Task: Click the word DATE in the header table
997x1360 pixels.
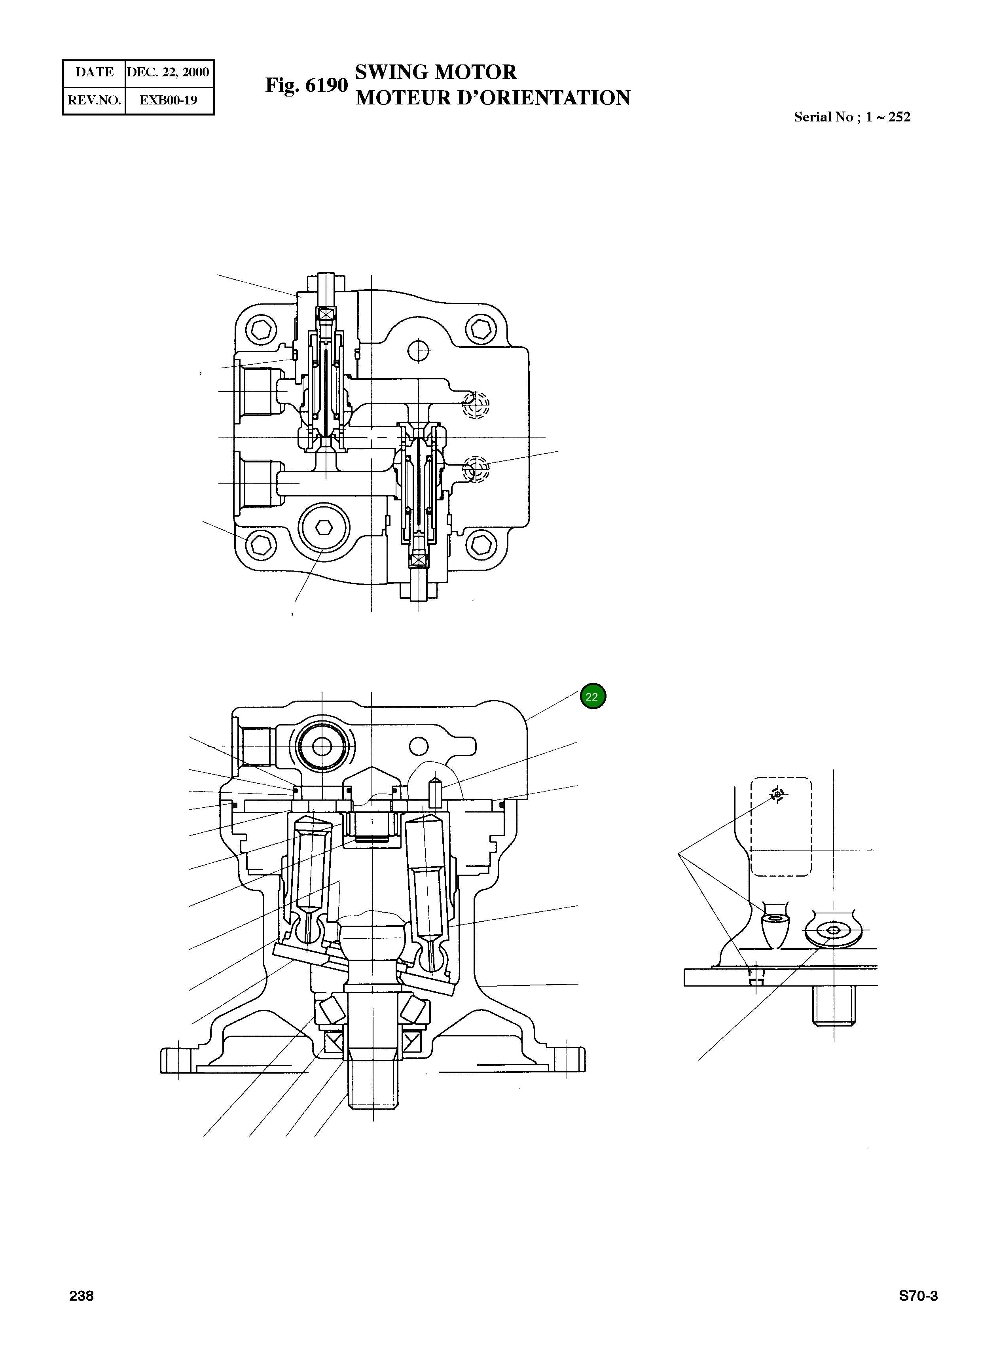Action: tap(94, 72)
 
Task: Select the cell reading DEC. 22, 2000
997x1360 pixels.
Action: tap(169, 72)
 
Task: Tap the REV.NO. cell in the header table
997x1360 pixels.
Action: tap(94, 100)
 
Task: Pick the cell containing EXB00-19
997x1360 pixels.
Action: tap(169, 100)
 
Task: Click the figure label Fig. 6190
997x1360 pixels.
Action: tap(307, 85)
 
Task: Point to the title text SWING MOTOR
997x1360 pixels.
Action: tap(435, 72)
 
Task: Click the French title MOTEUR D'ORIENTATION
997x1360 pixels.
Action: tap(493, 98)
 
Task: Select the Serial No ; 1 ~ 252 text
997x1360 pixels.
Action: tap(851, 117)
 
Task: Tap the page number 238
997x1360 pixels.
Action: tap(82, 1296)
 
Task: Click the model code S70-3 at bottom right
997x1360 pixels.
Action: tap(918, 1296)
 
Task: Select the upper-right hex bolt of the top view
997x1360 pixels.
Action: tap(481, 330)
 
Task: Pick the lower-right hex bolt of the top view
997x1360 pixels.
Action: tap(481, 545)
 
